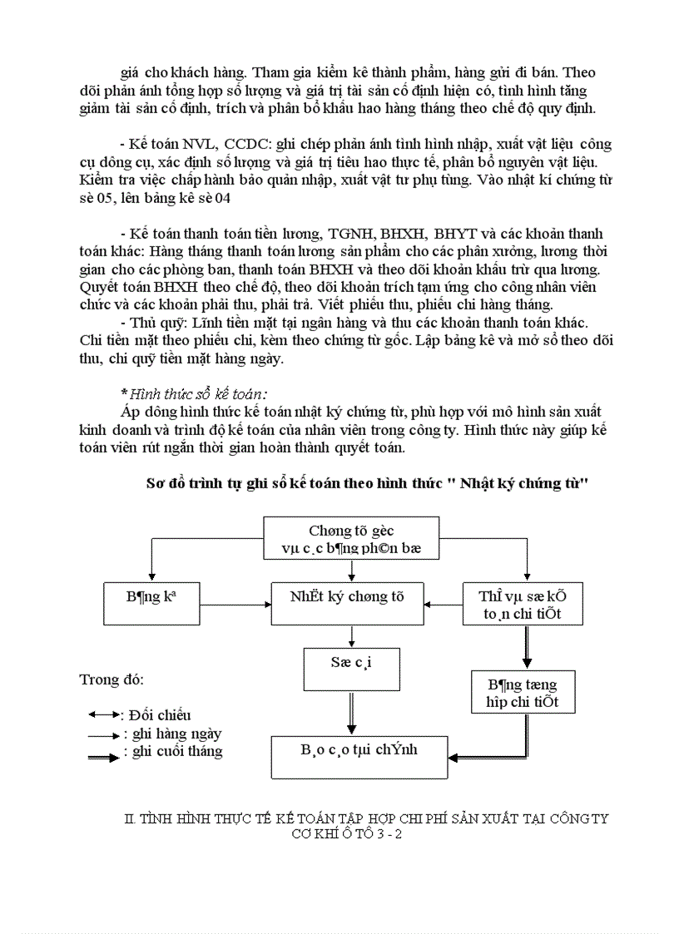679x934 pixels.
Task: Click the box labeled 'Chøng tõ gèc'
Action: pyautogui.click(x=351, y=538)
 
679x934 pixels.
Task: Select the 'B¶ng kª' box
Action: pyautogui.click(x=151, y=603)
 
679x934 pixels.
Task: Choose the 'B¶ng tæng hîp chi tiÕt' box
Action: pyautogui.click(x=523, y=692)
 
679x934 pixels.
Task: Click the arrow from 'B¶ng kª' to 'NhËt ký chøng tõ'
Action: pyautogui.click(x=235, y=605)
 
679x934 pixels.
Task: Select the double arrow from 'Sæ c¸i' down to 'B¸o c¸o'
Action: pyautogui.click(x=350, y=713)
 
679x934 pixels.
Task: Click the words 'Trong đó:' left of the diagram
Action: pyautogui.click(x=112, y=679)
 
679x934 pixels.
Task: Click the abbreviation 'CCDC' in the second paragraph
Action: pyautogui.click(x=240, y=144)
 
